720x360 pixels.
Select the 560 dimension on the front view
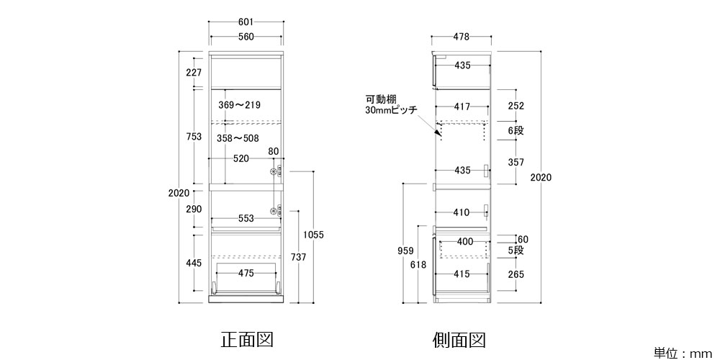click(x=246, y=38)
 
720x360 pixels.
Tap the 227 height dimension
click(x=193, y=72)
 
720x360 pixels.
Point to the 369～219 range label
click(x=239, y=105)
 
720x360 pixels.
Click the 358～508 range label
click(x=238, y=138)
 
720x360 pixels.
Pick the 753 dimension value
click(x=193, y=138)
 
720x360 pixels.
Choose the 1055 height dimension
click(x=314, y=235)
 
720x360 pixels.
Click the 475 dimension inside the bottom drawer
click(x=246, y=273)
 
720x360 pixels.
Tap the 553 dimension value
click(x=246, y=219)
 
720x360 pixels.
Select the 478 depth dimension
click(x=462, y=37)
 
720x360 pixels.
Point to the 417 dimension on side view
click(x=462, y=107)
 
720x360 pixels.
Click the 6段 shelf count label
click(x=516, y=130)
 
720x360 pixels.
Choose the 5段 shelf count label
click(x=516, y=251)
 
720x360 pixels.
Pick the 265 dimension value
click(x=516, y=274)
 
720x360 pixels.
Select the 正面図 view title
click(x=247, y=338)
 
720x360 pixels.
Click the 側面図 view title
click(x=460, y=338)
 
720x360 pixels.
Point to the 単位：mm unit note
click(x=682, y=353)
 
